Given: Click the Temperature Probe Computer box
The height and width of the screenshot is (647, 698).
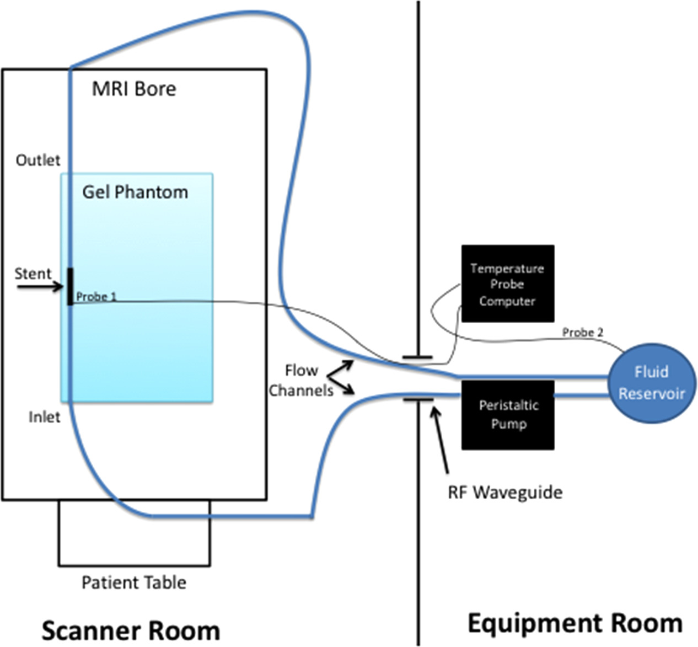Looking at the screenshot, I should (507, 284).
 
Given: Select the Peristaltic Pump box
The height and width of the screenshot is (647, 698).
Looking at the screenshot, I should (508, 415).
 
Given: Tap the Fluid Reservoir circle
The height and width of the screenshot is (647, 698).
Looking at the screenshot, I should (652, 383).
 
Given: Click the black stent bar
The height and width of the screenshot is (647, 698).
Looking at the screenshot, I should (70, 286).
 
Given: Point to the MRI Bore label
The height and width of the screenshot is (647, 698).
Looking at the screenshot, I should (134, 89).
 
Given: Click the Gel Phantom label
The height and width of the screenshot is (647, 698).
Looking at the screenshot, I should (135, 192).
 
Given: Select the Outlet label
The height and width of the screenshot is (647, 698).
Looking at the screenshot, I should (38, 160).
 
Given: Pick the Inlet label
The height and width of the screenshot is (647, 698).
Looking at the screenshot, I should (44, 416).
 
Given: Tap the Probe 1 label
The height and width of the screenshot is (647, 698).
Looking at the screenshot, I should (96, 297).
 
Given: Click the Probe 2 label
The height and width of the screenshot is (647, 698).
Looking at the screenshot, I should (582, 332).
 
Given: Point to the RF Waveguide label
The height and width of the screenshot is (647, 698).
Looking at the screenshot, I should (505, 492).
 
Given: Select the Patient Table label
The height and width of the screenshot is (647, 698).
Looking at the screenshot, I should (134, 582).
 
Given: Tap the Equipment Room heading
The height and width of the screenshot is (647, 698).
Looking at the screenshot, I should (575, 623).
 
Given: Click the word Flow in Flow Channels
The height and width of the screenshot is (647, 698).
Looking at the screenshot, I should (301, 370).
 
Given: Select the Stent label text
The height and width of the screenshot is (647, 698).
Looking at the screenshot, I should (33, 273).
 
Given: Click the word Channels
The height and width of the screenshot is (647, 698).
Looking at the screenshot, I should (301, 391).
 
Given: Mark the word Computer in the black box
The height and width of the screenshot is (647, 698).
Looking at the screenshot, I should (507, 301).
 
